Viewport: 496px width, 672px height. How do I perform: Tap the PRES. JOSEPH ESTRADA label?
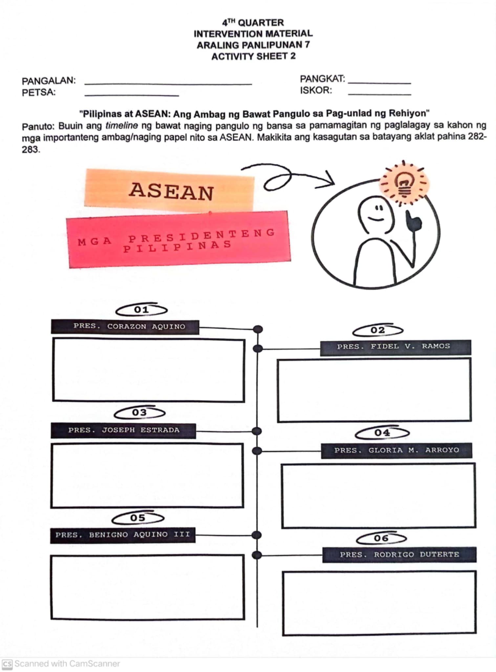123,430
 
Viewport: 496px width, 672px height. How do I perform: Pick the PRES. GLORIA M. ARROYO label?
397,451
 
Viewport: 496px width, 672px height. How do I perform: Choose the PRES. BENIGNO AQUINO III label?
123,535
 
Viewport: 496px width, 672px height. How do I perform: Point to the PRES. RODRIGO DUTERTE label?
399,555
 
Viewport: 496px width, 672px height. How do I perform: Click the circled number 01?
141,310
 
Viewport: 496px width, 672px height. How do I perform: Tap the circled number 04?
382,433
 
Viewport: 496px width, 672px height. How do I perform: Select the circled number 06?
381,538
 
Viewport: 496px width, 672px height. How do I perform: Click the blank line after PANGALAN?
168,83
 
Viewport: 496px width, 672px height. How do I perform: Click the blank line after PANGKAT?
379,82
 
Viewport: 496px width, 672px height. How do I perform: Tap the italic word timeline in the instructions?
121,126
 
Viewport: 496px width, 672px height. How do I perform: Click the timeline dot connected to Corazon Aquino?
258,329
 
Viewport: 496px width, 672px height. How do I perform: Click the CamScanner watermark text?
67,664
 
